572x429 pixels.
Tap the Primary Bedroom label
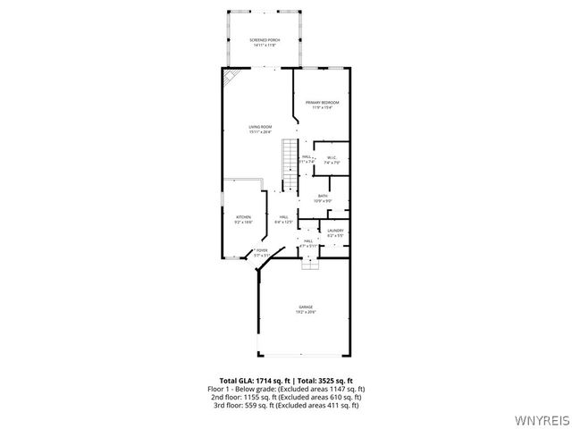coord(323,104)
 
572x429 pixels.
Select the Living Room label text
coord(260,127)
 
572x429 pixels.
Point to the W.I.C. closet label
coord(331,158)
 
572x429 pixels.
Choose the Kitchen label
coord(243,216)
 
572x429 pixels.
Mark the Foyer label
coord(261,251)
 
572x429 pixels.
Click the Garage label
coord(306,307)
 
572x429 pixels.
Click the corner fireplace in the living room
coord(231,78)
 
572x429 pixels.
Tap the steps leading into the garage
coord(309,265)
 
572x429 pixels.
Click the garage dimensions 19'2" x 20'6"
coord(306,312)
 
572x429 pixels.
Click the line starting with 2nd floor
coord(286,397)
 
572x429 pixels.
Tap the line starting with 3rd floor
coord(286,405)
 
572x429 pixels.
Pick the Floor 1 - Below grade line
coord(286,389)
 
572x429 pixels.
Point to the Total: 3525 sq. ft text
coord(325,381)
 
